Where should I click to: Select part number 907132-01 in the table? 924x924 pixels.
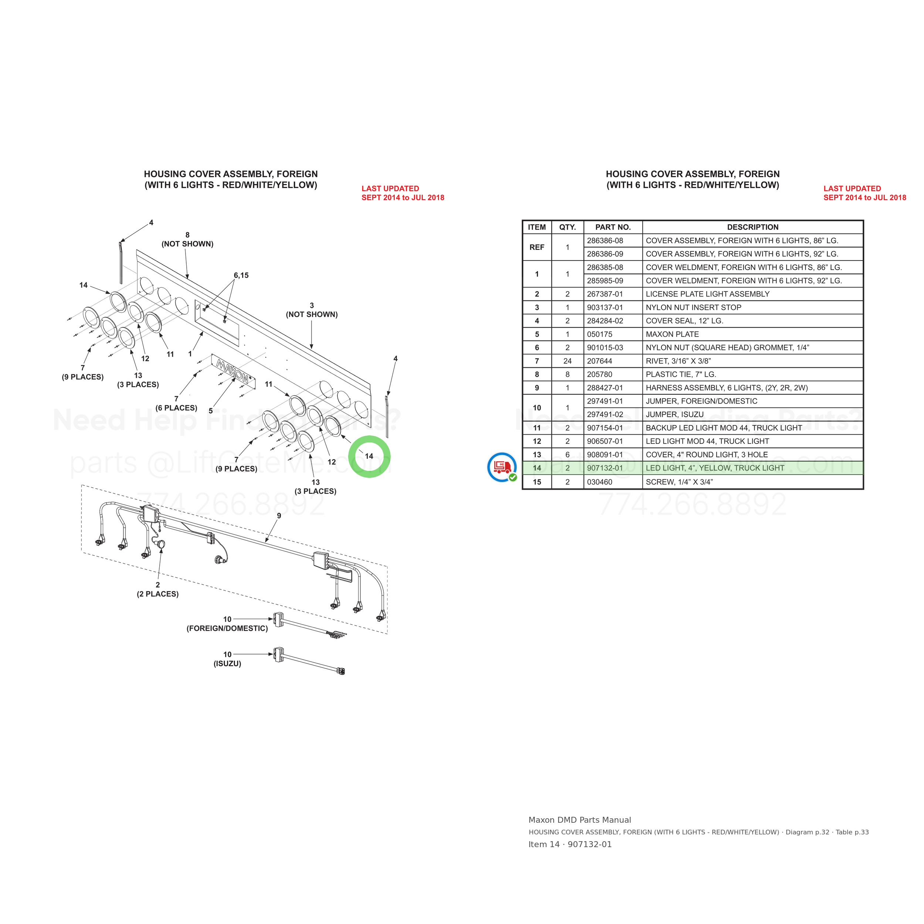tap(605, 468)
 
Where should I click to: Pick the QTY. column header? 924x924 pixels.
tap(567, 227)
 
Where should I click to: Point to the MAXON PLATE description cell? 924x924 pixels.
tap(672, 334)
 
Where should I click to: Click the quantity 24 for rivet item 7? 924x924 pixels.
tap(567, 361)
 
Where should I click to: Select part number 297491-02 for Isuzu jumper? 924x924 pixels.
tap(605, 415)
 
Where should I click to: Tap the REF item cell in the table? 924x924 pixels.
tap(537, 247)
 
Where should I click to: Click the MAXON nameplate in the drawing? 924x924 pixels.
tap(233, 371)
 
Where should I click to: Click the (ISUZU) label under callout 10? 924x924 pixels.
tap(227, 664)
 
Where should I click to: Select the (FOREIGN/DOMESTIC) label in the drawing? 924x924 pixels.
tap(227, 628)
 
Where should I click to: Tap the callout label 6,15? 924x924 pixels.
tap(241, 275)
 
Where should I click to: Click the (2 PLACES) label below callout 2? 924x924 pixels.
tap(158, 594)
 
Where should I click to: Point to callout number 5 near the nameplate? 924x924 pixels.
tap(210, 411)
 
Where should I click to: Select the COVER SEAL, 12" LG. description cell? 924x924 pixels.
tap(684, 321)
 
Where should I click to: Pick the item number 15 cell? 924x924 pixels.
tap(537, 482)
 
